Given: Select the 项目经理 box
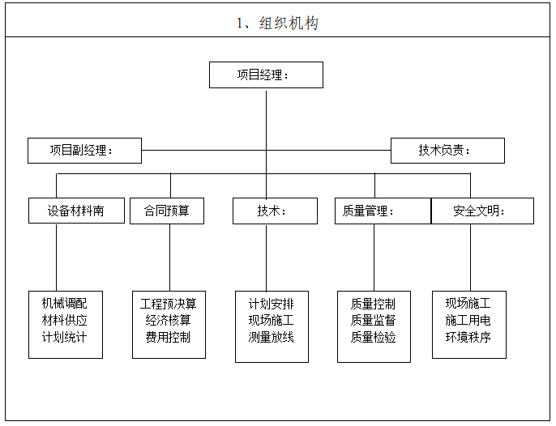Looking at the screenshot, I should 266,75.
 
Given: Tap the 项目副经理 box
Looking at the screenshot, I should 84,151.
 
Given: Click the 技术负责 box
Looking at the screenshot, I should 447,151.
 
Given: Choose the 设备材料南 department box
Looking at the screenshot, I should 77,211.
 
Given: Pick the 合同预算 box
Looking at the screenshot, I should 167,211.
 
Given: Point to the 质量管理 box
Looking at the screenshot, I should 383,211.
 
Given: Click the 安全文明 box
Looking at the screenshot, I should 482,211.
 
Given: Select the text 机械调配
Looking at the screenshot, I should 65,304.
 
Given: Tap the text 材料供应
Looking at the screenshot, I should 65,320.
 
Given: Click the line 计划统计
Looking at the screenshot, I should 65,337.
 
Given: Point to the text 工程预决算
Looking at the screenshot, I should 169,304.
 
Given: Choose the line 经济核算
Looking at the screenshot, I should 169,320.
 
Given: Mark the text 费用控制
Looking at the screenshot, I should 169,337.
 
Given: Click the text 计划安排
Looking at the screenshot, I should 272,304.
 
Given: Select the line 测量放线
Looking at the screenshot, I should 272,337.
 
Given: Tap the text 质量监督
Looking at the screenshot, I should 374,320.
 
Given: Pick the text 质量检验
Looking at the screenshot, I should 374,337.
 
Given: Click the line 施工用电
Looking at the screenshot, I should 468,320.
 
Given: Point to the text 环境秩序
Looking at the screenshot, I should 468,337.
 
